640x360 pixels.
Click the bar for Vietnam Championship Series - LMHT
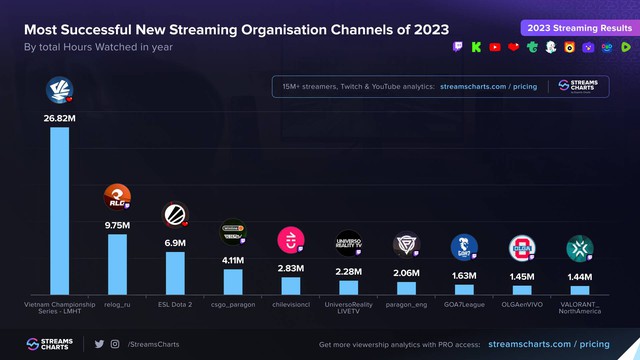(x=60, y=210)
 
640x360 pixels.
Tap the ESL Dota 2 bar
(x=175, y=272)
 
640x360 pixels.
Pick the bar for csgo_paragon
(x=233, y=281)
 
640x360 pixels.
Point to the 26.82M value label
(x=59, y=117)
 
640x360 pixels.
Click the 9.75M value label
(x=117, y=225)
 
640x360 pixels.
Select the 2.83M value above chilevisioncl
(x=290, y=268)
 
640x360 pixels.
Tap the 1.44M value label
(x=580, y=275)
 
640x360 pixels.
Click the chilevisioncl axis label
(x=290, y=303)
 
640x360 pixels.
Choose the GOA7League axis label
(x=464, y=303)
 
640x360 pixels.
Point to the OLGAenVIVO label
(x=522, y=303)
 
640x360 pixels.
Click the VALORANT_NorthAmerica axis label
(x=580, y=307)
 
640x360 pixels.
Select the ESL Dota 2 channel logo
(x=175, y=213)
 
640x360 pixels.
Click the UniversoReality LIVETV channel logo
(x=348, y=244)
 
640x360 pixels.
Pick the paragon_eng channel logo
(x=406, y=246)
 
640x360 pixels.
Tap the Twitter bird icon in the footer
(x=99, y=344)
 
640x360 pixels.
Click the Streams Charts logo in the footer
(x=51, y=344)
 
